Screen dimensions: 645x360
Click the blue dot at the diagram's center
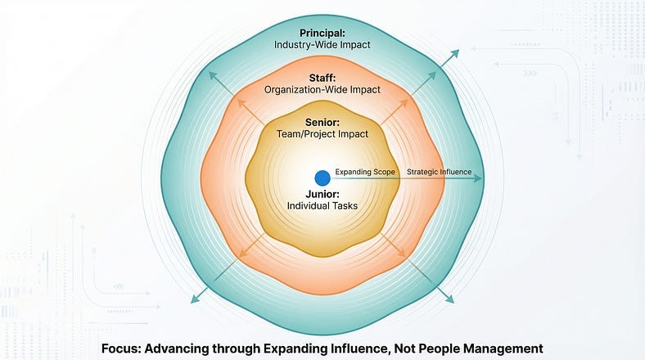[x=322, y=177]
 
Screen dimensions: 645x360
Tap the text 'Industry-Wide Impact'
[x=322, y=46]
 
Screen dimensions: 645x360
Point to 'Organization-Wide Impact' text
[x=322, y=89]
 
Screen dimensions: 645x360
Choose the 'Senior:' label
[x=322, y=121]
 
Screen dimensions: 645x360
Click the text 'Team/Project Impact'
[x=322, y=134]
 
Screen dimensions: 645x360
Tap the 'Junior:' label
[x=322, y=194]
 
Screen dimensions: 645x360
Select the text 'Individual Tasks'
[x=322, y=206]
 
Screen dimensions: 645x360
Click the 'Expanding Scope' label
[x=366, y=172]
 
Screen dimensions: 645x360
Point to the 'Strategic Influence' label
[x=439, y=172]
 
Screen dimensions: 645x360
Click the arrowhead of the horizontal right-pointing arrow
[x=479, y=178]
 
